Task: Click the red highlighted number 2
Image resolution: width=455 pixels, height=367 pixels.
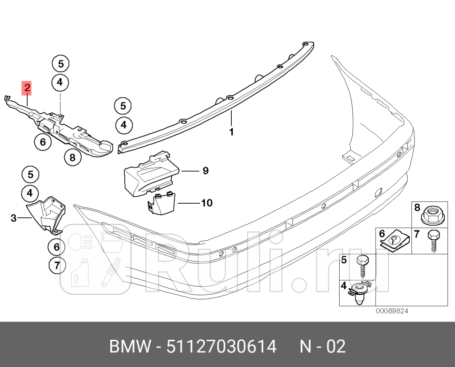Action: (27, 87)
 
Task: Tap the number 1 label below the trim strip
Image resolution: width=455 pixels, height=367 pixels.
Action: (231, 132)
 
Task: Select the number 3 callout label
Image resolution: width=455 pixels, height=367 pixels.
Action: (14, 218)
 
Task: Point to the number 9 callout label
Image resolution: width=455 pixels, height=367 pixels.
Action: (205, 171)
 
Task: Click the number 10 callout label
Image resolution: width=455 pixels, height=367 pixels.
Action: (206, 203)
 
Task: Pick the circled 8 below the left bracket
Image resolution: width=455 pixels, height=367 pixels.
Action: (72, 158)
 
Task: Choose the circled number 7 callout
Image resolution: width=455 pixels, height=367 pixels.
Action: (56, 266)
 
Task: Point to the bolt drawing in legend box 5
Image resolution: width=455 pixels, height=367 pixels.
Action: (363, 266)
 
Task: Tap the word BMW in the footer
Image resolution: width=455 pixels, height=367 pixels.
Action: (129, 347)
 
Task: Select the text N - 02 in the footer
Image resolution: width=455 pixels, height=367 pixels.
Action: (323, 347)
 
